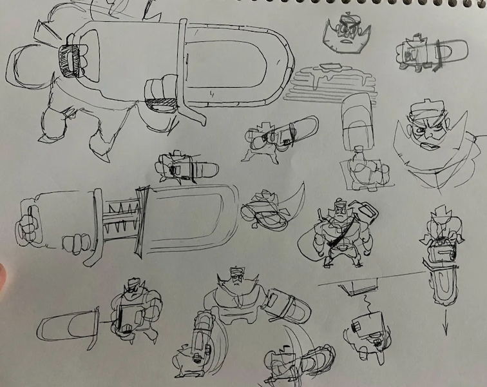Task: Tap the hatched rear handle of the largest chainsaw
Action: click(x=68, y=59)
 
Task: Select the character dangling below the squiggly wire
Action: click(x=366, y=329)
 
